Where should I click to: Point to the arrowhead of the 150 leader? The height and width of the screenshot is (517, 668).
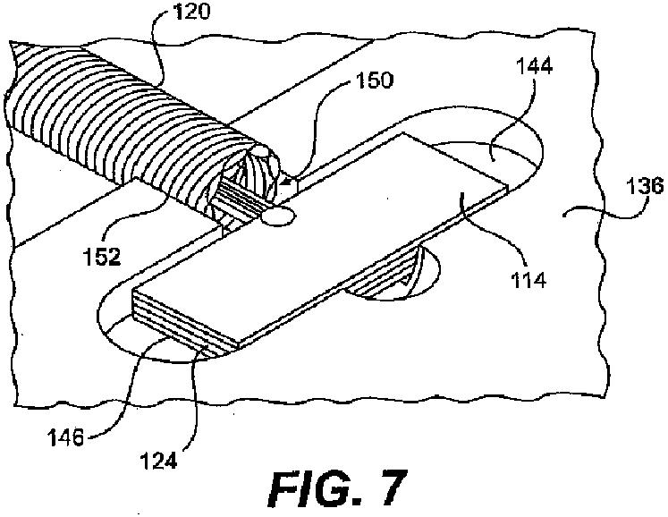[x=292, y=184]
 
